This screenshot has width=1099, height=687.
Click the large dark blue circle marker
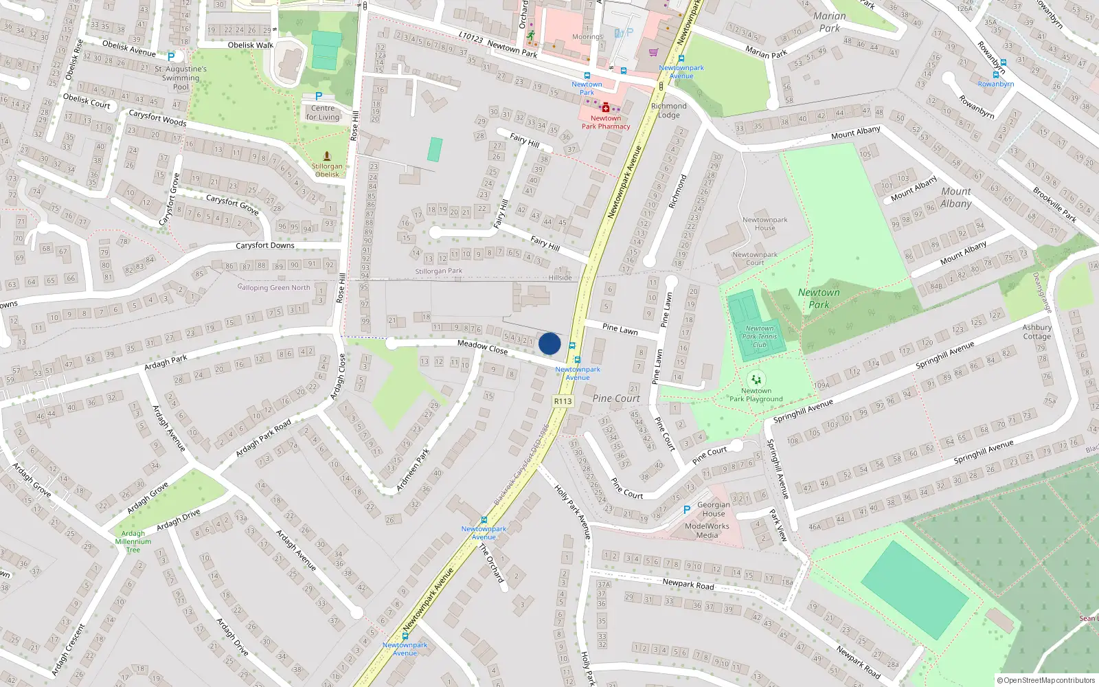(x=549, y=343)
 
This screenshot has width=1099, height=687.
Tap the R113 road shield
(x=563, y=401)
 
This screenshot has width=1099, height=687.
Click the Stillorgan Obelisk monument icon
(x=327, y=156)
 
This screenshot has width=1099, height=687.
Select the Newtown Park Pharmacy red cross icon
(x=605, y=108)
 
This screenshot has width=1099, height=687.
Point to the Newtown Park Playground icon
(x=756, y=379)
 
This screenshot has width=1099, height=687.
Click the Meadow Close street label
(x=482, y=347)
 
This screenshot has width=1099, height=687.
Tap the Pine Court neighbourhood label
(x=616, y=398)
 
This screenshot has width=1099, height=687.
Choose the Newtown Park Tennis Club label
(x=759, y=337)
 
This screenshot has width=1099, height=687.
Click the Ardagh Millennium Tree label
(x=133, y=541)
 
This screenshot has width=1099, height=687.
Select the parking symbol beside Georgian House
(x=686, y=510)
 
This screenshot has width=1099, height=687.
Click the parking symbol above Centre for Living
(x=318, y=97)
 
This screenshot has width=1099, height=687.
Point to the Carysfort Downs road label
(x=265, y=245)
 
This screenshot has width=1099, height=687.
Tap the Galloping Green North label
(x=273, y=288)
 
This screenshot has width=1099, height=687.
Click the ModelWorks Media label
(x=707, y=530)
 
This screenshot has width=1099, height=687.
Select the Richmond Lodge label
(x=668, y=110)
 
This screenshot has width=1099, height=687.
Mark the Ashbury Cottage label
(x=1036, y=332)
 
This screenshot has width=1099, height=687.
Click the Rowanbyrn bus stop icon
(x=1004, y=63)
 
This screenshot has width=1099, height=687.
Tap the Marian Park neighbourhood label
(x=829, y=22)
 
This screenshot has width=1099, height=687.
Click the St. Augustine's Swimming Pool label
(x=181, y=78)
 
